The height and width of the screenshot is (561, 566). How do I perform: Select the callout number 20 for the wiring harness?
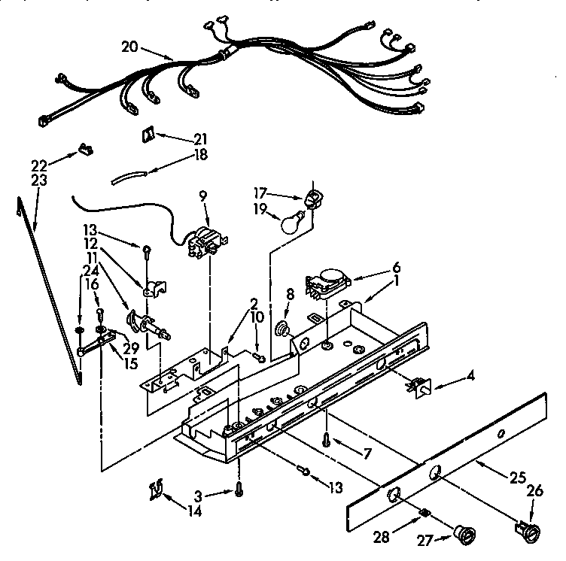[129, 46]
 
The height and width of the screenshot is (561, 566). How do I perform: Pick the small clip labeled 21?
[148, 135]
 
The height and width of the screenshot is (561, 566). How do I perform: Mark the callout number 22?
[38, 165]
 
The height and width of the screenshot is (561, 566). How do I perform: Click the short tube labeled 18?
[126, 177]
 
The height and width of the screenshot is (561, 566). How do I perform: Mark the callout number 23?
[38, 180]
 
